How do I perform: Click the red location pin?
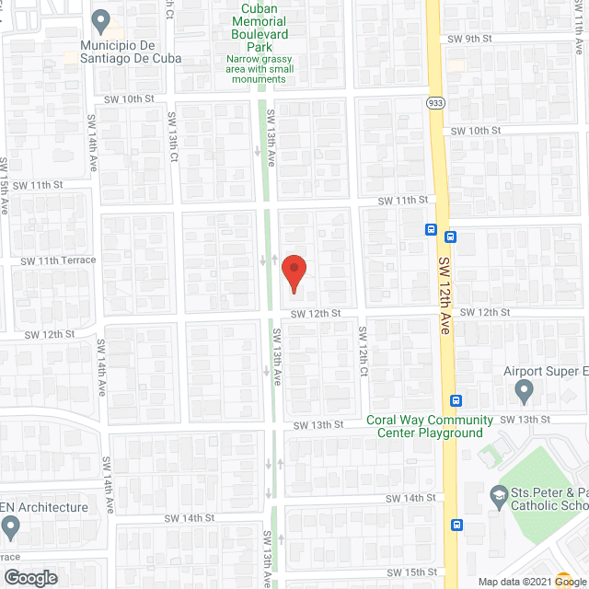(294, 273)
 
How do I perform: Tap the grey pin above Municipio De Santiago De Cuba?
(103, 19)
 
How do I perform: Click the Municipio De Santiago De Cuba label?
(129, 52)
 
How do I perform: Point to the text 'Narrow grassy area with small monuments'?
(259, 69)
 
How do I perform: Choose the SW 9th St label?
(470, 39)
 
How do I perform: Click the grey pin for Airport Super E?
(525, 393)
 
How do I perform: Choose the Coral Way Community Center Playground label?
(424, 426)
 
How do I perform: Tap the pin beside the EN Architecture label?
(11, 527)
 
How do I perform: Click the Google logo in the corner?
(29, 578)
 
